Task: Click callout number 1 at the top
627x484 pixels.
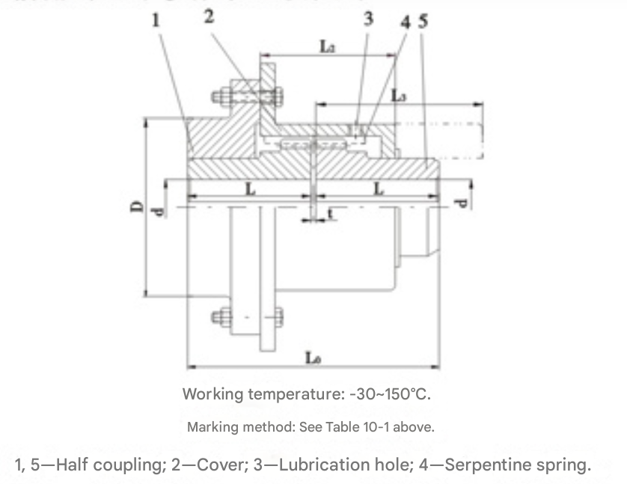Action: point(156,20)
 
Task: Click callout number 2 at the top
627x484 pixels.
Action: point(208,16)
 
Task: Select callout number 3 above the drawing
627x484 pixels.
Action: point(368,19)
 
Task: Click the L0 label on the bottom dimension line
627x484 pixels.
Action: point(313,358)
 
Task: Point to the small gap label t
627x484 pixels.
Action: point(330,215)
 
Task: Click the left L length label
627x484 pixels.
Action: point(250,189)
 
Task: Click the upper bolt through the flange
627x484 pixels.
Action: point(247,97)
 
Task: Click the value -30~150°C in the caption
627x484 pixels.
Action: point(391,393)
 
